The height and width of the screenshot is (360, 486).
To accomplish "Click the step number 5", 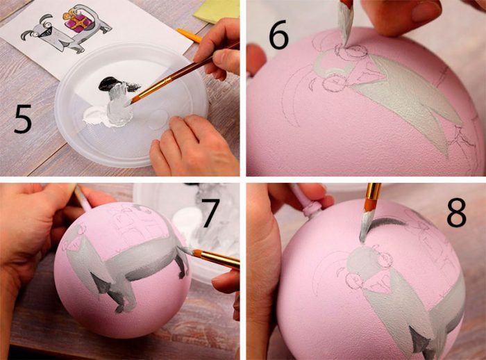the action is (x=23, y=119).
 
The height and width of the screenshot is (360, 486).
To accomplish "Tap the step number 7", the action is (x=211, y=213).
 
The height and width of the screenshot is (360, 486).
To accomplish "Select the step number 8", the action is (x=456, y=213).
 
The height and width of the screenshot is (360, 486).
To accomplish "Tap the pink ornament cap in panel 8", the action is (x=312, y=207).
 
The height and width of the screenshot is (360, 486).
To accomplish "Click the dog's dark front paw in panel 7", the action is (x=120, y=308).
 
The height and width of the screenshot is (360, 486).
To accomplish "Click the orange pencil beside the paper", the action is (x=189, y=35).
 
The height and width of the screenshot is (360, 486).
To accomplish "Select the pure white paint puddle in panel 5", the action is (x=97, y=117).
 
